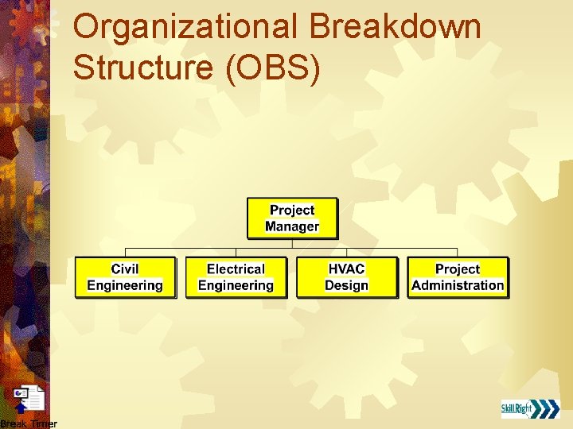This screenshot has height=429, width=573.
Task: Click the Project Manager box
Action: click(292, 218)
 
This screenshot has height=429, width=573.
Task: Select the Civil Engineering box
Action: click(125, 277)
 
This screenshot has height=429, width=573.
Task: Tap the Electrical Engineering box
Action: click(236, 277)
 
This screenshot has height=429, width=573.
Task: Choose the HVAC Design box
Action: click(346, 277)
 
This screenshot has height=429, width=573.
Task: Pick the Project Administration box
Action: click(458, 277)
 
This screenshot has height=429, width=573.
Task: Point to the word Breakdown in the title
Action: click(396, 27)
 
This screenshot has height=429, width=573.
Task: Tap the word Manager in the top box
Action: click(292, 226)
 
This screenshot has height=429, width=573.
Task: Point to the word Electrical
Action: click(236, 269)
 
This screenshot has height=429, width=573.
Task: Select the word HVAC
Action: click(346, 269)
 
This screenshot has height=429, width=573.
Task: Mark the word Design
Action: click(346, 285)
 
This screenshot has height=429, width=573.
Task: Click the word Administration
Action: click(458, 285)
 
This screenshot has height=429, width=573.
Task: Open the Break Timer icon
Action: click(29, 399)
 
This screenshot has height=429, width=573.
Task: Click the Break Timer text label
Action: click(29, 423)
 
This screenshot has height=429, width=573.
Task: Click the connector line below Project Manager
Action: click(292, 244)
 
